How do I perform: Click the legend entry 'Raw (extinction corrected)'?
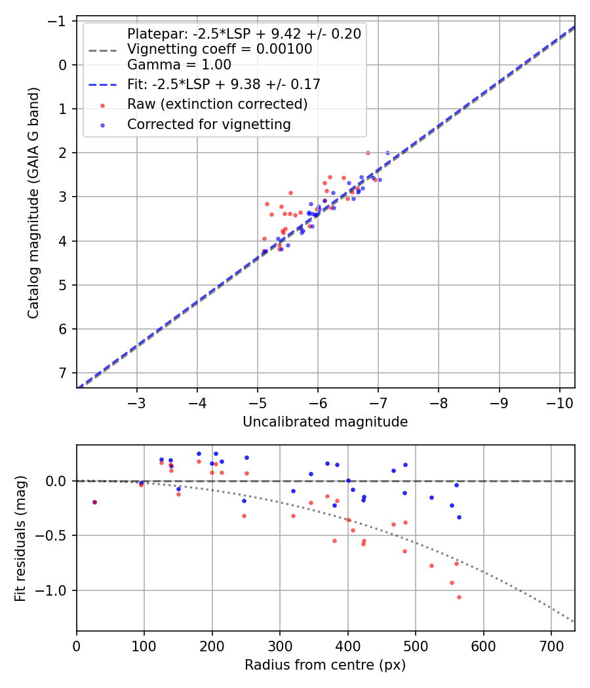click(217, 104)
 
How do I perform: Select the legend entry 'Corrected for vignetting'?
click(209, 124)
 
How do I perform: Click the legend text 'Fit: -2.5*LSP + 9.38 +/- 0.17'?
click(224, 85)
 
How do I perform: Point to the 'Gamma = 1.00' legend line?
click(179, 65)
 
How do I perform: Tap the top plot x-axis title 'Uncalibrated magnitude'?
click(325, 422)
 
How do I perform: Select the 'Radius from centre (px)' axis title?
click(325, 665)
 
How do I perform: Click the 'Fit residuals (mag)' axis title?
click(20, 538)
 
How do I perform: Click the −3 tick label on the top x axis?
click(137, 402)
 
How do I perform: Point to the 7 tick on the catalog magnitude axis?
click(63, 373)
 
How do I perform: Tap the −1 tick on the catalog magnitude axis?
click(59, 21)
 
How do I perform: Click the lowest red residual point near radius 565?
click(459, 597)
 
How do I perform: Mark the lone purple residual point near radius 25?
click(94, 502)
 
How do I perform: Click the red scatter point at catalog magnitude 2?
click(368, 153)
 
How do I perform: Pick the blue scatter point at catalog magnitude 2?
click(387, 153)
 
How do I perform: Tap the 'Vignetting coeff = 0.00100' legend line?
click(220, 49)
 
